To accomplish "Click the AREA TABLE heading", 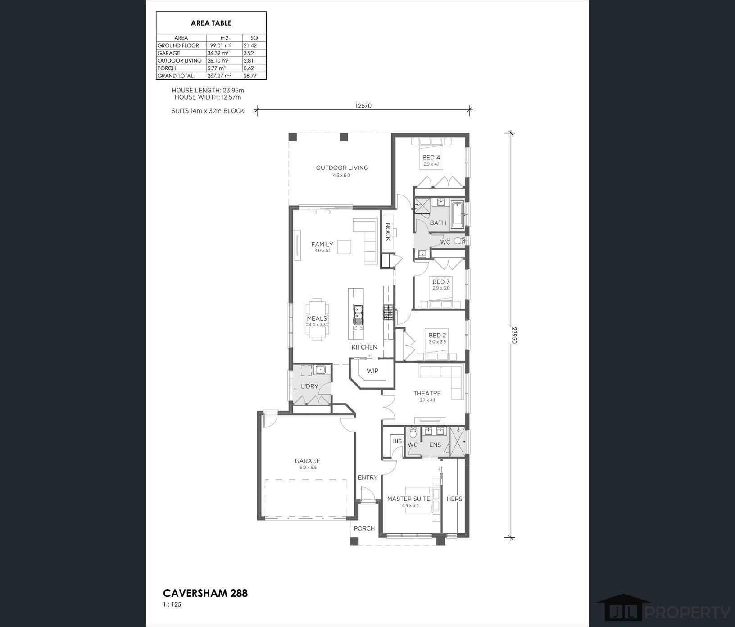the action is (x=211, y=23).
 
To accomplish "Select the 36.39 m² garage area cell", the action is (x=218, y=53).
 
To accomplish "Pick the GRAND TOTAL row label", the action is (x=176, y=76).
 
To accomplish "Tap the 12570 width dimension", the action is (x=363, y=106).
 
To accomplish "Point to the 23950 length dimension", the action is (x=514, y=335).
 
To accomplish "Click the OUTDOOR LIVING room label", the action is (x=342, y=168).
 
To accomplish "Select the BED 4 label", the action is (x=431, y=158).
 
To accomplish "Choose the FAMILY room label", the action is (x=322, y=245).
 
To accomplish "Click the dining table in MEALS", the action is (x=317, y=318).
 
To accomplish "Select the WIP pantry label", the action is (x=372, y=371).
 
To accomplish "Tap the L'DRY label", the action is (x=309, y=386).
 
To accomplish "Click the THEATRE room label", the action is (x=427, y=393).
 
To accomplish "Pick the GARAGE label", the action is (x=308, y=461).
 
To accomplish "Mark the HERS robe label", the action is (x=454, y=499).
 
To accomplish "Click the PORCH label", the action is (x=364, y=528).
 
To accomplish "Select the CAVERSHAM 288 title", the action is (x=205, y=593).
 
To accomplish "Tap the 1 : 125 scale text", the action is (x=172, y=605).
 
